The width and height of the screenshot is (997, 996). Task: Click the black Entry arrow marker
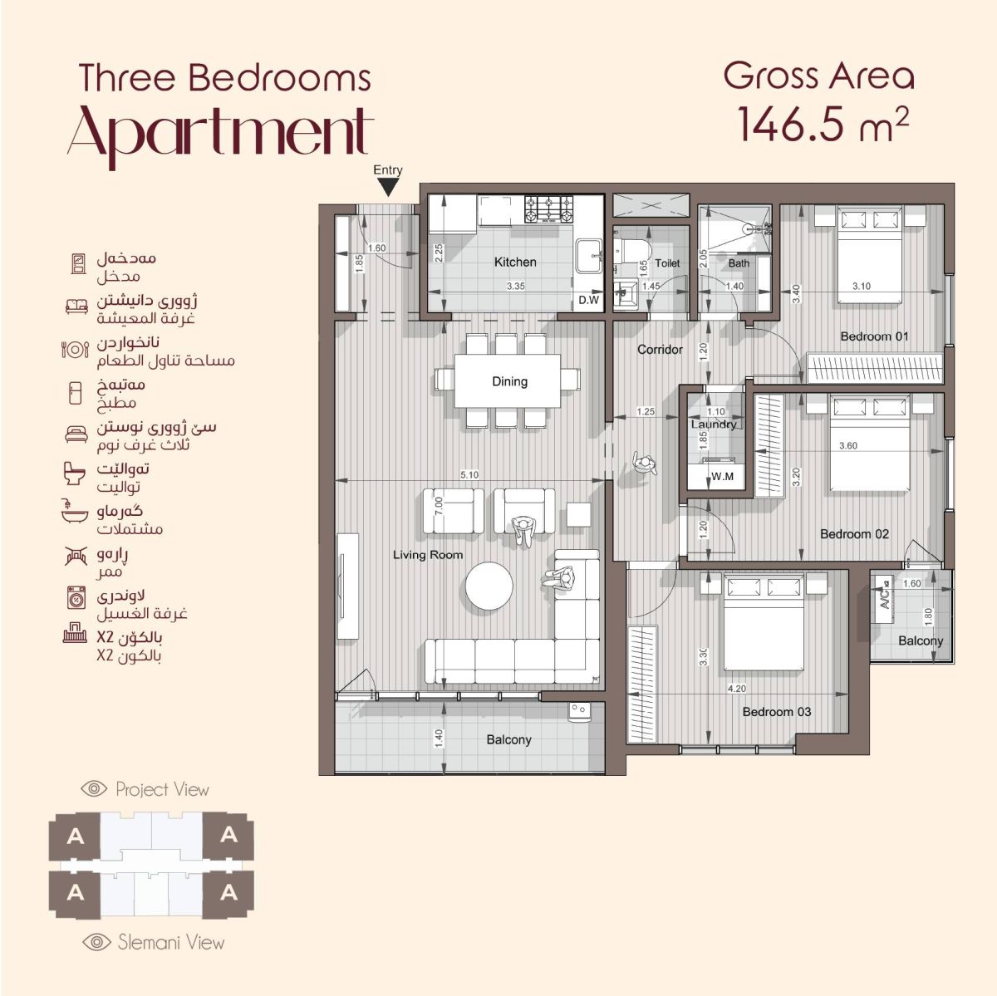tap(388, 187)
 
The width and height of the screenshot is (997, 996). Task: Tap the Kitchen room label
tap(515, 262)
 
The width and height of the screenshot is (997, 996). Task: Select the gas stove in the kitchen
tap(549, 209)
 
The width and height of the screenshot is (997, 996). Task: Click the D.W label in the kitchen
tap(588, 300)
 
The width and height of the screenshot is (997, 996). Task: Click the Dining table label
tap(509, 381)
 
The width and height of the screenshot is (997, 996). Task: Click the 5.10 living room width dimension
tap(469, 474)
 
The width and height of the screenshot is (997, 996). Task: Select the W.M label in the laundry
tap(722, 476)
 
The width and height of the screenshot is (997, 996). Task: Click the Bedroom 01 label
tap(874, 336)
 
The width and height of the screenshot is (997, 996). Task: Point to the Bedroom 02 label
tap(855, 534)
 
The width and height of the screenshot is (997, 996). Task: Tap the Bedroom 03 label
tap(777, 711)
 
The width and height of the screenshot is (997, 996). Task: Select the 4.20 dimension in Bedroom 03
tap(737, 689)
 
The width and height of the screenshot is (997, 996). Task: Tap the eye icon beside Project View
tap(94, 788)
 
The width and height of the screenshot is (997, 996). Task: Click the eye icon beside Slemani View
tap(96, 942)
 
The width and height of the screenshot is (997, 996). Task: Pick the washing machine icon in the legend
tap(76, 597)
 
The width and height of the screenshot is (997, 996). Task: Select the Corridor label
tap(660, 349)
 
